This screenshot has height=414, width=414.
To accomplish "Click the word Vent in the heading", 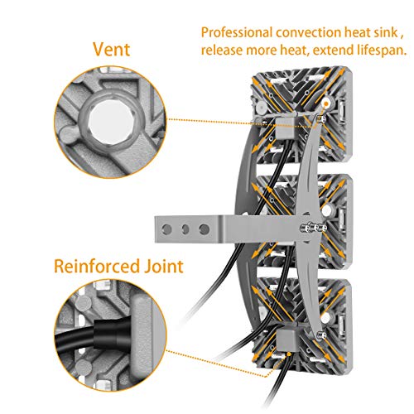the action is pyautogui.click(x=112, y=50).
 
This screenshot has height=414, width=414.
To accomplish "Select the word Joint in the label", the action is pyautogui.click(x=164, y=267).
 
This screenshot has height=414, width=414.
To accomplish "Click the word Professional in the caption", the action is pyautogui.click(x=237, y=32).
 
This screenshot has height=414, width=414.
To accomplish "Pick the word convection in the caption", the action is pyautogui.click(x=308, y=32).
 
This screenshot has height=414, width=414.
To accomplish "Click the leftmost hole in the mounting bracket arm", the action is pyautogui.click(x=166, y=229).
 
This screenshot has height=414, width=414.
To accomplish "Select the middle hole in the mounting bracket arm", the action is pyautogui.click(x=185, y=229).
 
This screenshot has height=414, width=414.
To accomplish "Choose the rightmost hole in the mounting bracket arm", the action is pyautogui.click(x=205, y=229).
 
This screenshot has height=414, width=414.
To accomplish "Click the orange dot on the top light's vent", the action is pyautogui.click(x=326, y=103).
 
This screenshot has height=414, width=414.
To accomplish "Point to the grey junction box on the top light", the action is pyautogui.click(x=285, y=127).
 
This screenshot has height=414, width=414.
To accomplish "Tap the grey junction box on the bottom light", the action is pyautogui.click(x=286, y=339).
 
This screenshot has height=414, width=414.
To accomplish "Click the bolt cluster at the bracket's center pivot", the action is pyautogui.click(x=311, y=228).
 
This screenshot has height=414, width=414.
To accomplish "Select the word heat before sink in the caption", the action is pyautogui.click(x=357, y=32).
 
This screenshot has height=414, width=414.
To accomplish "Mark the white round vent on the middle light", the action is pyautogui.click(x=327, y=211).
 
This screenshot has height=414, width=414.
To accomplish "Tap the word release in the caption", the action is pyautogui.click(x=222, y=51).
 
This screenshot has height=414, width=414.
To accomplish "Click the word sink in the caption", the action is pyautogui.click(x=385, y=32).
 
